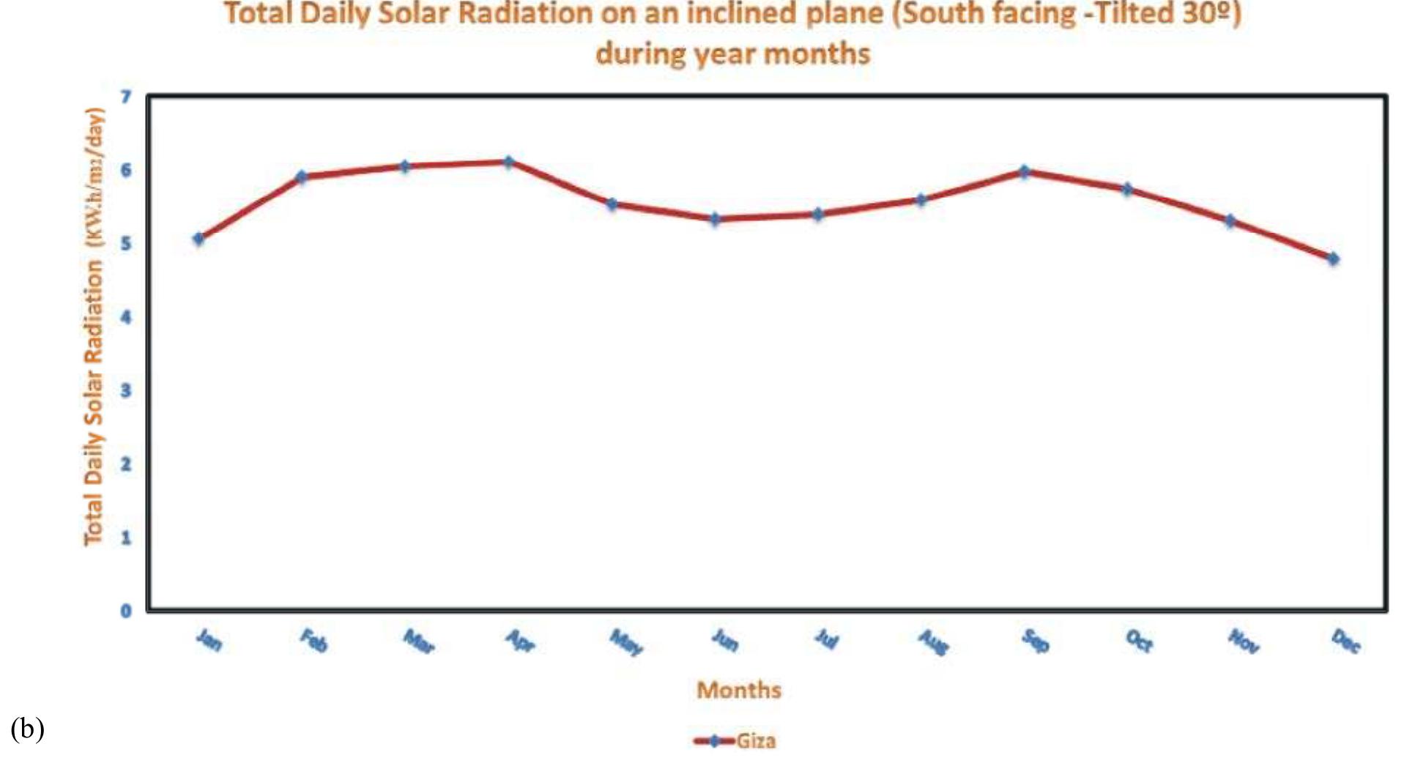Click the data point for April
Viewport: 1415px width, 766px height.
508,161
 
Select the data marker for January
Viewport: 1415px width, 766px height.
198,238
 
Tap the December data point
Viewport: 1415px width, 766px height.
1333,259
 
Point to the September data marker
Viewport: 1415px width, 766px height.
1025,171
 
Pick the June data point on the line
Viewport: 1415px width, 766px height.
715,218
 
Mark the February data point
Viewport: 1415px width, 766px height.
301,176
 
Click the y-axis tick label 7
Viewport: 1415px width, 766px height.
126,97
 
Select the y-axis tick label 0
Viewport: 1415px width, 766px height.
126,611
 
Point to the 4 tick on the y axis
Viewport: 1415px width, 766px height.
126,317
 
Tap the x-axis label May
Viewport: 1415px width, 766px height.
626,642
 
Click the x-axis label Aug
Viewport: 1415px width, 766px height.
934,642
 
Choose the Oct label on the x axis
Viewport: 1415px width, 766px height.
1140,642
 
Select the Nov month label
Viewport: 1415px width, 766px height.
1244,642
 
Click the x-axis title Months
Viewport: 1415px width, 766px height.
738,690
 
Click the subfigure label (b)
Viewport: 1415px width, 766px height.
27,729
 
